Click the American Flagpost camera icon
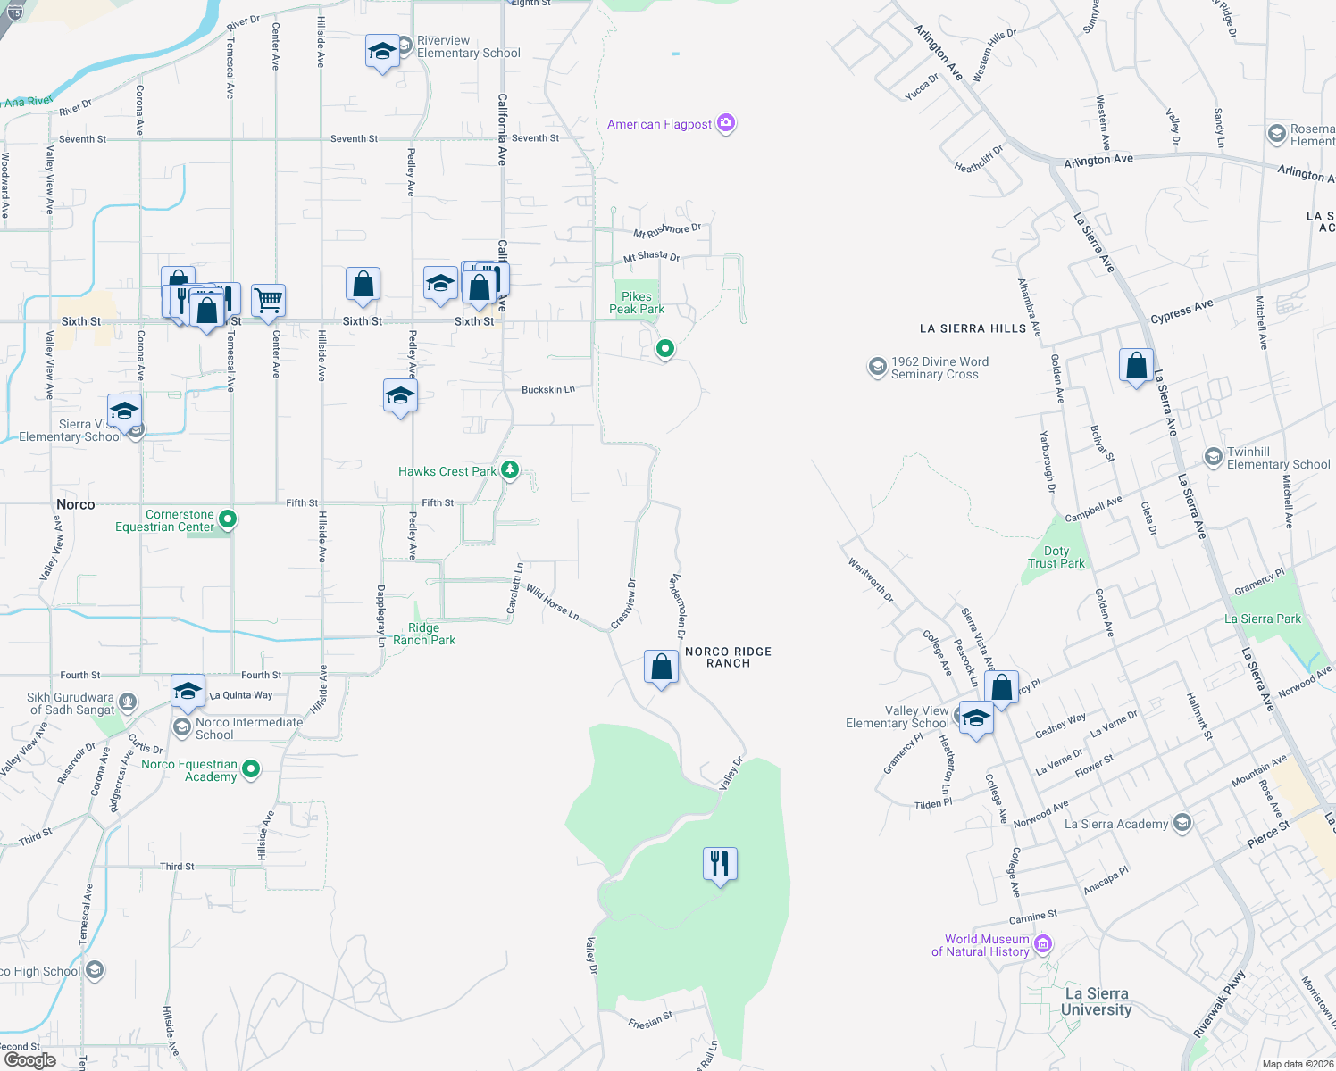point(726,123)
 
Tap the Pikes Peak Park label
point(637,303)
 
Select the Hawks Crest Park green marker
point(509,469)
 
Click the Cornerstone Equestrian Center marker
point(228,519)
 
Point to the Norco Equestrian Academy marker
point(251,768)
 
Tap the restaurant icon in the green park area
point(720,864)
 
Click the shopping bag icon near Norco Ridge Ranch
point(661,668)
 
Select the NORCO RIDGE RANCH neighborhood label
point(728,657)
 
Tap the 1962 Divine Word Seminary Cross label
point(939,368)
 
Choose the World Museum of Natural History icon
point(1042,943)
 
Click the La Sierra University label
point(1096,1001)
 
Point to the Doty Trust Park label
point(1056,557)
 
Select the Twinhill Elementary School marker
point(1213,457)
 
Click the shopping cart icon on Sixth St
point(268,301)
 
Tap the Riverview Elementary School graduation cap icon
point(382,53)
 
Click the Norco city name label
point(75,504)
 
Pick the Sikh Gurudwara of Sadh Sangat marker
point(128,702)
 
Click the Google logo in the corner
point(29,1059)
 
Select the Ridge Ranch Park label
point(424,634)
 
